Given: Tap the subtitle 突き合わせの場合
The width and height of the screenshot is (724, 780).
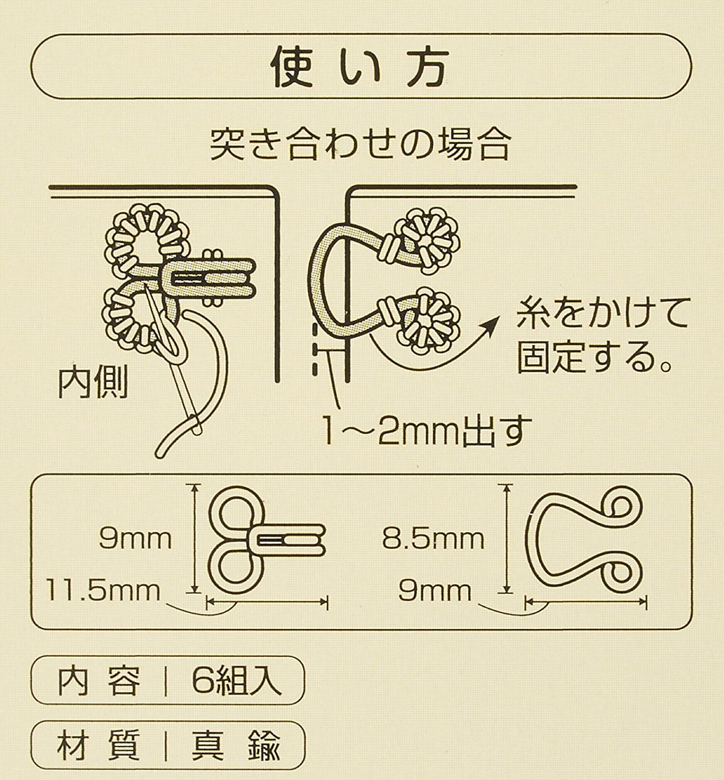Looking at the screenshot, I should (360, 145).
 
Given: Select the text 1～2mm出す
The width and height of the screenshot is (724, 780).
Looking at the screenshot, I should (428, 433).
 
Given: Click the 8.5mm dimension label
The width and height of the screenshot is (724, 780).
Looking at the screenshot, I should (433, 540).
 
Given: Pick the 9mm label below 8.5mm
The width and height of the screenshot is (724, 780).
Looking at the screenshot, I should (435, 591).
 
